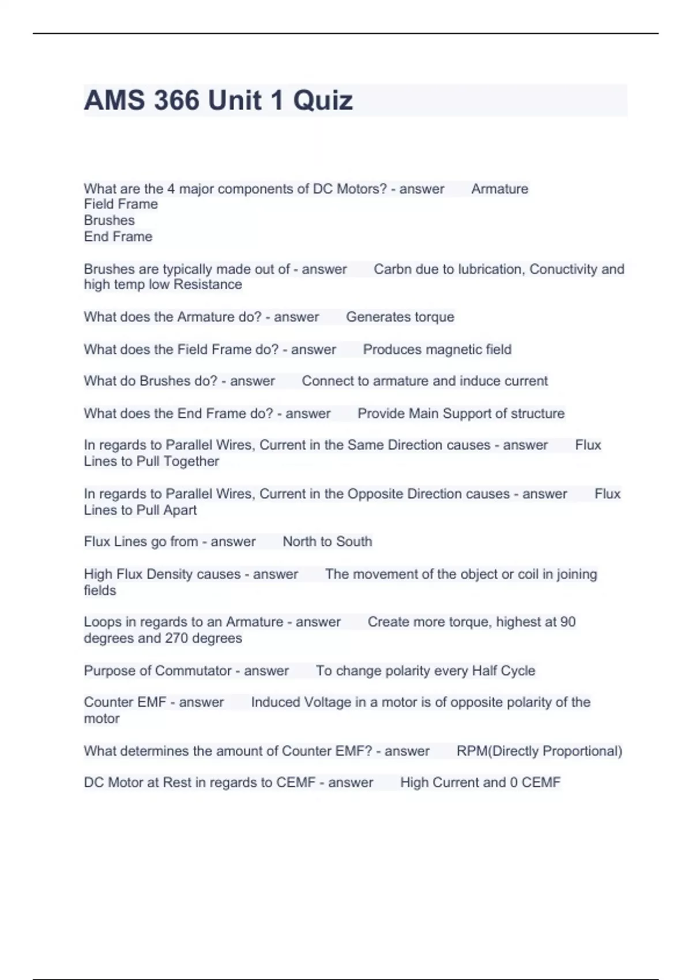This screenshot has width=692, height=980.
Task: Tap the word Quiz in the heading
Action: click(x=322, y=100)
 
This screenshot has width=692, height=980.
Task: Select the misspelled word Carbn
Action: click(x=392, y=269)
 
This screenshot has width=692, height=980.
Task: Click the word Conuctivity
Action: click(x=563, y=269)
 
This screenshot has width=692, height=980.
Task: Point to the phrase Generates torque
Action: click(x=400, y=317)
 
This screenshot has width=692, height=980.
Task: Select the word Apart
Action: click(x=180, y=510)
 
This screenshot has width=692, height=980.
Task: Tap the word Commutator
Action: click(x=193, y=671)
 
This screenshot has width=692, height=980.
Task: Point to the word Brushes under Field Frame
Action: click(x=109, y=221)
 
